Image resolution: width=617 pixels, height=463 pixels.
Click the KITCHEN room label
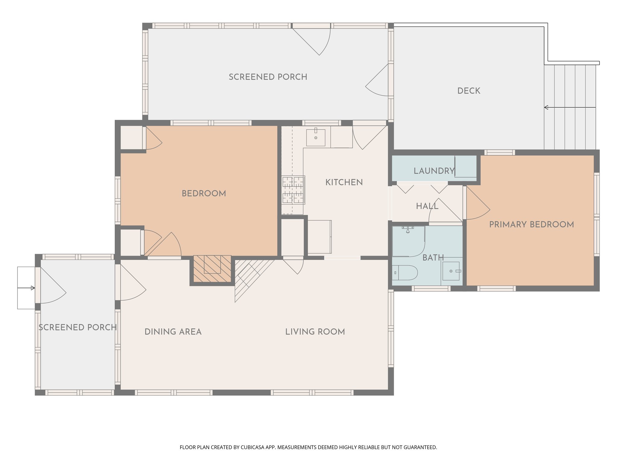pos(344,182)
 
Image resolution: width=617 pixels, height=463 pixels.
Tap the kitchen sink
pos(316,137)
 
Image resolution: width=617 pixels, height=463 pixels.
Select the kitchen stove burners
pos(293,190)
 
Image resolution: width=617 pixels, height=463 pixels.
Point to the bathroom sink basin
pos(451,271)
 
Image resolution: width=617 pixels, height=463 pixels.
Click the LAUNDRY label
pos(434,171)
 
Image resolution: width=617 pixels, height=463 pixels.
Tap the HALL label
pos(427,206)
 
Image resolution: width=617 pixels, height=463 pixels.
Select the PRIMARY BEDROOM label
pos(531,225)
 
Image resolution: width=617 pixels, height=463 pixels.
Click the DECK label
pos(469,91)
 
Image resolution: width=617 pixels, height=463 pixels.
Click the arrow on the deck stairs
pos(570,107)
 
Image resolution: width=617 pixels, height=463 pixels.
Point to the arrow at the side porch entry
pos(26,288)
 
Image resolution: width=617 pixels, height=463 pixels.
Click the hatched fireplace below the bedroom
pos(212,269)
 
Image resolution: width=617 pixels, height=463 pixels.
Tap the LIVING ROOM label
pos(315,332)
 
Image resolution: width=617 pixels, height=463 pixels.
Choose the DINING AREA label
pos(173,332)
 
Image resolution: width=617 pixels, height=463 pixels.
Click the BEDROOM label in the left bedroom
pos(204,194)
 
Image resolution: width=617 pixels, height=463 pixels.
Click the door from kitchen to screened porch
pos(370,137)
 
